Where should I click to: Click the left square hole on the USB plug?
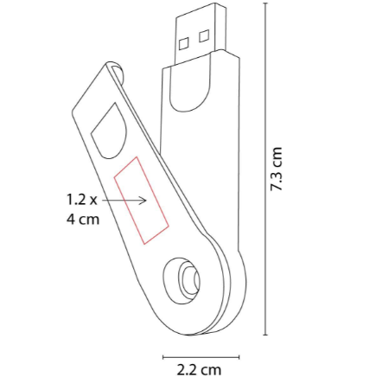[x=183, y=42]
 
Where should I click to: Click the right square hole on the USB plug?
[x=204, y=36]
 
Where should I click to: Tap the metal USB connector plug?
[x=197, y=38]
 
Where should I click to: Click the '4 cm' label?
[x=82, y=220]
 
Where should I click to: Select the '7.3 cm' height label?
[x=277, y=169]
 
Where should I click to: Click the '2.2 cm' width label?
[x=199, y=369]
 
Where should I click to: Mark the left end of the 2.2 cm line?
[x=163, y=355]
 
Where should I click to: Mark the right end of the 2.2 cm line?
[x=239, y=355]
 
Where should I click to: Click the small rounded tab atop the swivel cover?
[x=115, y=68]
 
